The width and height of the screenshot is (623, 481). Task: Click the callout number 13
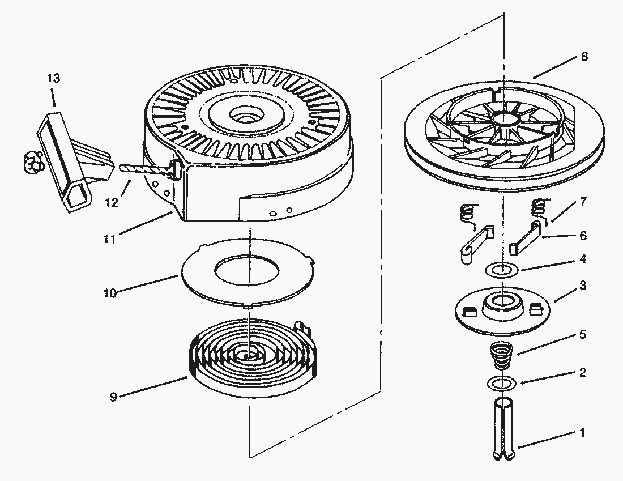point(53,78)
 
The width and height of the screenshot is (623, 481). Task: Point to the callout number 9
point(113,397)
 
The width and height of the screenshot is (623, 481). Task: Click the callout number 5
point(583,334)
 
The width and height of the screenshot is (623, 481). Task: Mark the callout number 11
point(109,239)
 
